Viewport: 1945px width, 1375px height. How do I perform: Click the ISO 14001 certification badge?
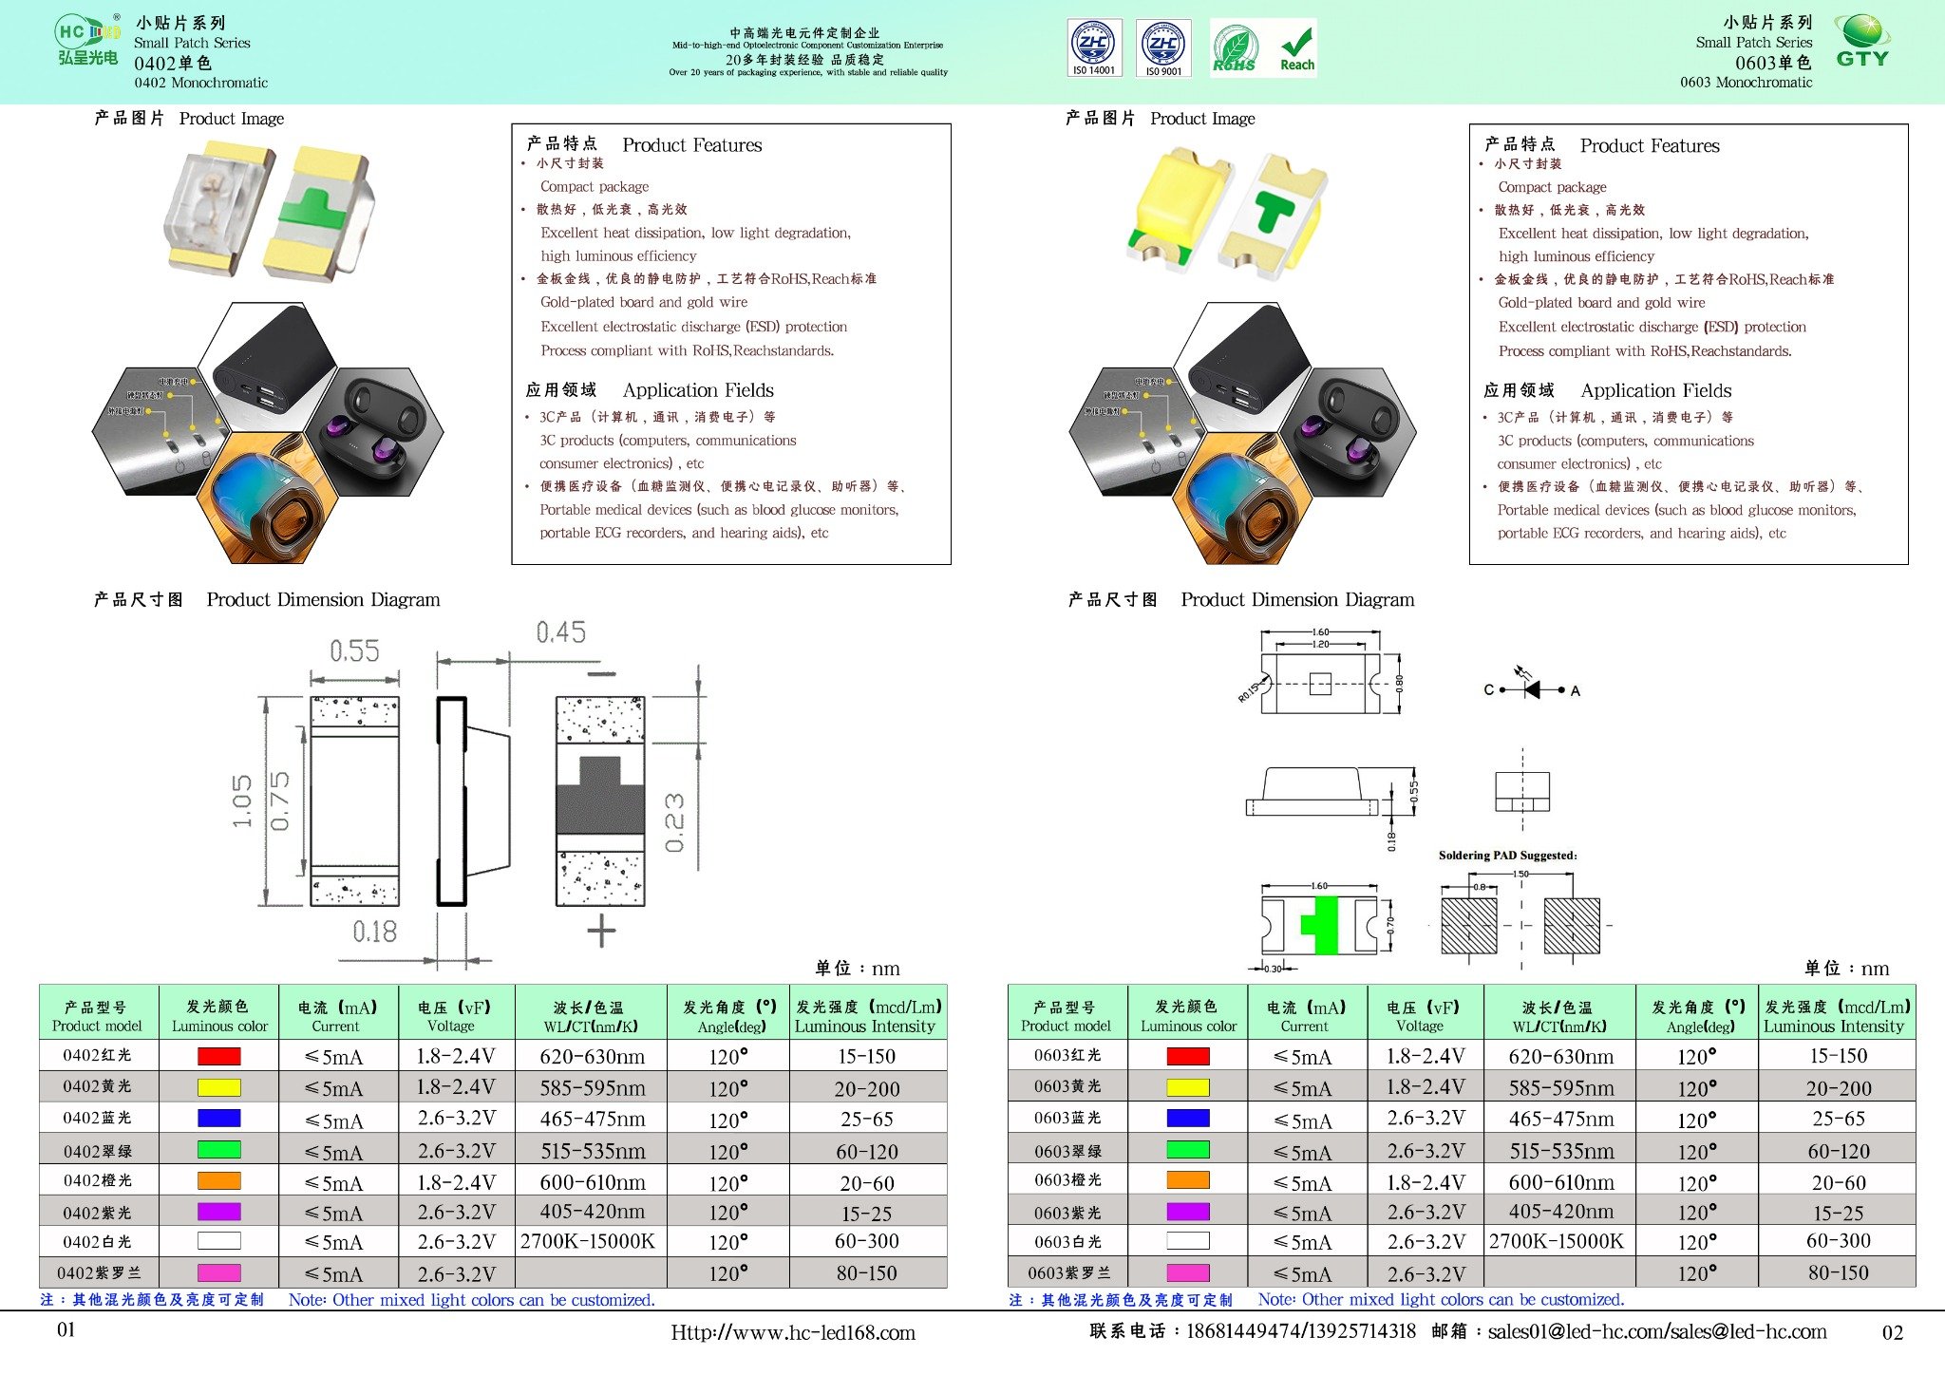click(1094, 47)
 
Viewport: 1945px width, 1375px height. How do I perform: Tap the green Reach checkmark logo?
click(1296, 48)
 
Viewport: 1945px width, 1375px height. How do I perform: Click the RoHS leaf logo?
click(1234, 48)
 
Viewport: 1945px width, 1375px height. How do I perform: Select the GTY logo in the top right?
click(1861, 42)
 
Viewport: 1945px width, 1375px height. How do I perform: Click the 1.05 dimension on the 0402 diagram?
click(243, 801)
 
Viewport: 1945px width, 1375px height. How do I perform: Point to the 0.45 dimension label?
click(560, 632)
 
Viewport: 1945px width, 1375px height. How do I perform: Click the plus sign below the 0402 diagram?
click(601, 931)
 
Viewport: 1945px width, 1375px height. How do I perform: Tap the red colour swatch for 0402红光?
click(218, 1056)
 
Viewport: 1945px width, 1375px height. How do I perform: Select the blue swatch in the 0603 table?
click(1187, 1119)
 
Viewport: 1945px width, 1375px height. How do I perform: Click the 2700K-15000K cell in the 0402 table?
click(588, 1241)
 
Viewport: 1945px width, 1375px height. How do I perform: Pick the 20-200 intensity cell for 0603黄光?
click(1838, 1088)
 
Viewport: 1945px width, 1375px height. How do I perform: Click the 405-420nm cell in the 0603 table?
click(1560, 1212)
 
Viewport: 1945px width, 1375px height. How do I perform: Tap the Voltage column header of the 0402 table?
click(453, 1015)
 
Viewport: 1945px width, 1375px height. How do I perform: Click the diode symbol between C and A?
click(1531, 689)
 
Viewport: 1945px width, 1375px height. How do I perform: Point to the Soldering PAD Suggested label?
click(1507, 856)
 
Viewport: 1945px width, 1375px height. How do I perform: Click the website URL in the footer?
click(793, 1333)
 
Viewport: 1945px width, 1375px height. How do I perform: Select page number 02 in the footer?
click(1892, 1333)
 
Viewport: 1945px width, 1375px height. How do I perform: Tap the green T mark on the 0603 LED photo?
click(1272, 210)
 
